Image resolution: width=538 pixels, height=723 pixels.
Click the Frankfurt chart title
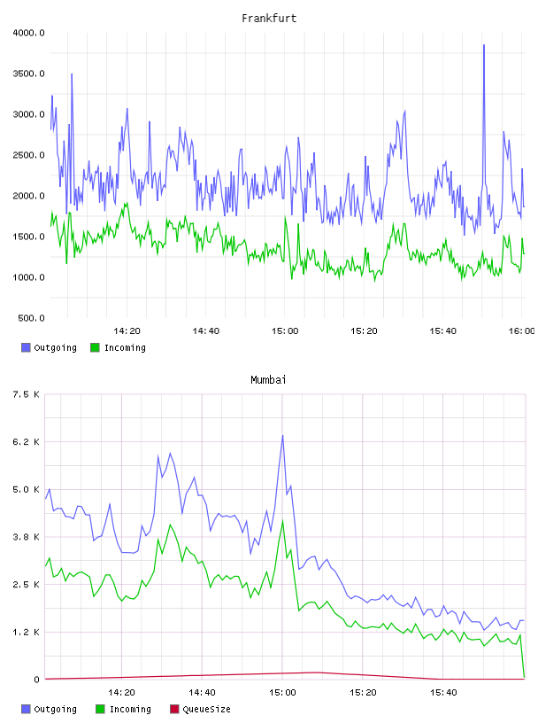pyautogui.click(x=269, y=18)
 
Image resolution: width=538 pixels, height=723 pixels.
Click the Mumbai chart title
pyautogui.click(x=268, y=379)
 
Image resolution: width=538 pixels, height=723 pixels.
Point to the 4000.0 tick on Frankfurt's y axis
pyautogui.click(x=28, y=33)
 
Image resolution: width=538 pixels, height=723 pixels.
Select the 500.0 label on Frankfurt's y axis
pyautogui.click(x=31, y=318)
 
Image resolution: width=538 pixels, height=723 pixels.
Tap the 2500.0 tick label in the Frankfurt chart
pyautogui.click(x=28, y=155)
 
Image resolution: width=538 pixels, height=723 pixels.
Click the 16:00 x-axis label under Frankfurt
pyautogui.click(x=521, y=331)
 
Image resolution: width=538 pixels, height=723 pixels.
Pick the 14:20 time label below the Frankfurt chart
pyautogui.click(x=127, y=331)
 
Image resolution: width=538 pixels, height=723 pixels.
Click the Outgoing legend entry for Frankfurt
pyautogui.click(x=50, y=347)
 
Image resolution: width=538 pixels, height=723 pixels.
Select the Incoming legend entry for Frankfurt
pyautogui.click(x=119, y=347)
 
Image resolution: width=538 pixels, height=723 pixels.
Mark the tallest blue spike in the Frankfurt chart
pyautogui.click(x=484, y=45)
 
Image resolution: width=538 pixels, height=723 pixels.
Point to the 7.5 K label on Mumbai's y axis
pyautogui.click(x=27, y=394)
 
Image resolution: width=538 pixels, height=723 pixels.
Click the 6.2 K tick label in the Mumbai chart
pyautogui.click(x=27, y=442)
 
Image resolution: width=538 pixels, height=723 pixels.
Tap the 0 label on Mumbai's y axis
pyautogui.click(x=37, y=680)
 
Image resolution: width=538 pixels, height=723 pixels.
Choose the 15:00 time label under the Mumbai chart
pyautogui.click(x=282, y=693)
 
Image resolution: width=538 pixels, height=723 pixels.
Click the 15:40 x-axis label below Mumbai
pyautogui.click(x=443, y=693)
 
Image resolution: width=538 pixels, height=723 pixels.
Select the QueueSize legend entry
pyautogui.click(x=200, y=709)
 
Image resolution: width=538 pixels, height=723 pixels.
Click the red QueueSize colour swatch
pyautogui.click(x=174, y=709)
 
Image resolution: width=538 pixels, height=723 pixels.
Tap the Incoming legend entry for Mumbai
pyautogui.click(x=124, y=709)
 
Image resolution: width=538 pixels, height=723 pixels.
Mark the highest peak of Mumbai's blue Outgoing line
pyautogui.click(x=282, y=436)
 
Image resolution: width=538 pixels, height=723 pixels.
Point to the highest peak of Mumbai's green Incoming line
pyautogui.click(x=282, y=521)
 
